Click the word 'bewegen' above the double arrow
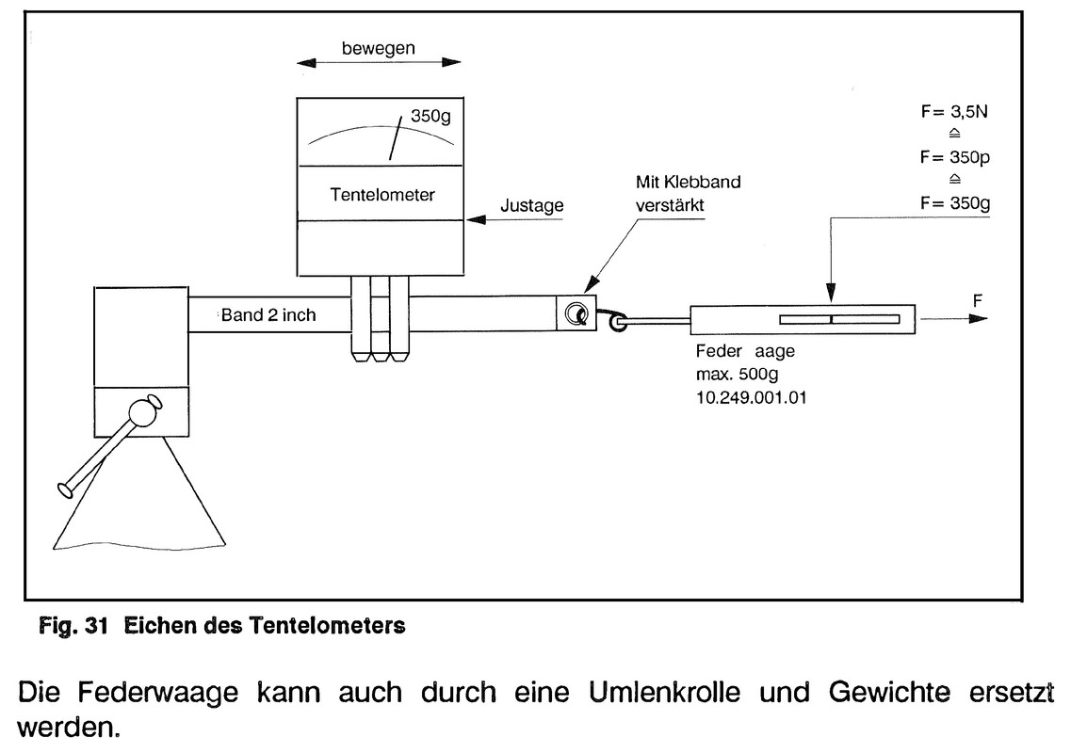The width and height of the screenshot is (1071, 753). (x=377, y=48)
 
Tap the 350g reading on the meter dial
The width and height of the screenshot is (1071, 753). (x=430, y=119)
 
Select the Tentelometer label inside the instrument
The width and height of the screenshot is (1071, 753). (x=383, y=195)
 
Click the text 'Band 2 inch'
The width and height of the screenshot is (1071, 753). (x=268, y=314)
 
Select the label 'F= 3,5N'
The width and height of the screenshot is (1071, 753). (x=954, y=112)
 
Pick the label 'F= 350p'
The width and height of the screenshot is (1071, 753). (x=954, y=157)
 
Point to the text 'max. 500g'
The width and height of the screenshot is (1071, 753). (x=733, y=376)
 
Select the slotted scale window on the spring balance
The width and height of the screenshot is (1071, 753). (x=832, y=319)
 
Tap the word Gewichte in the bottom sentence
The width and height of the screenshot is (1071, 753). (x=877, y=695)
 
